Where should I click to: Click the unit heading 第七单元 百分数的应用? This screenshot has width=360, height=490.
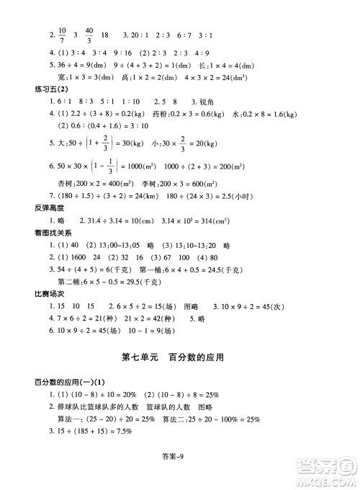(x=180, y=356)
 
